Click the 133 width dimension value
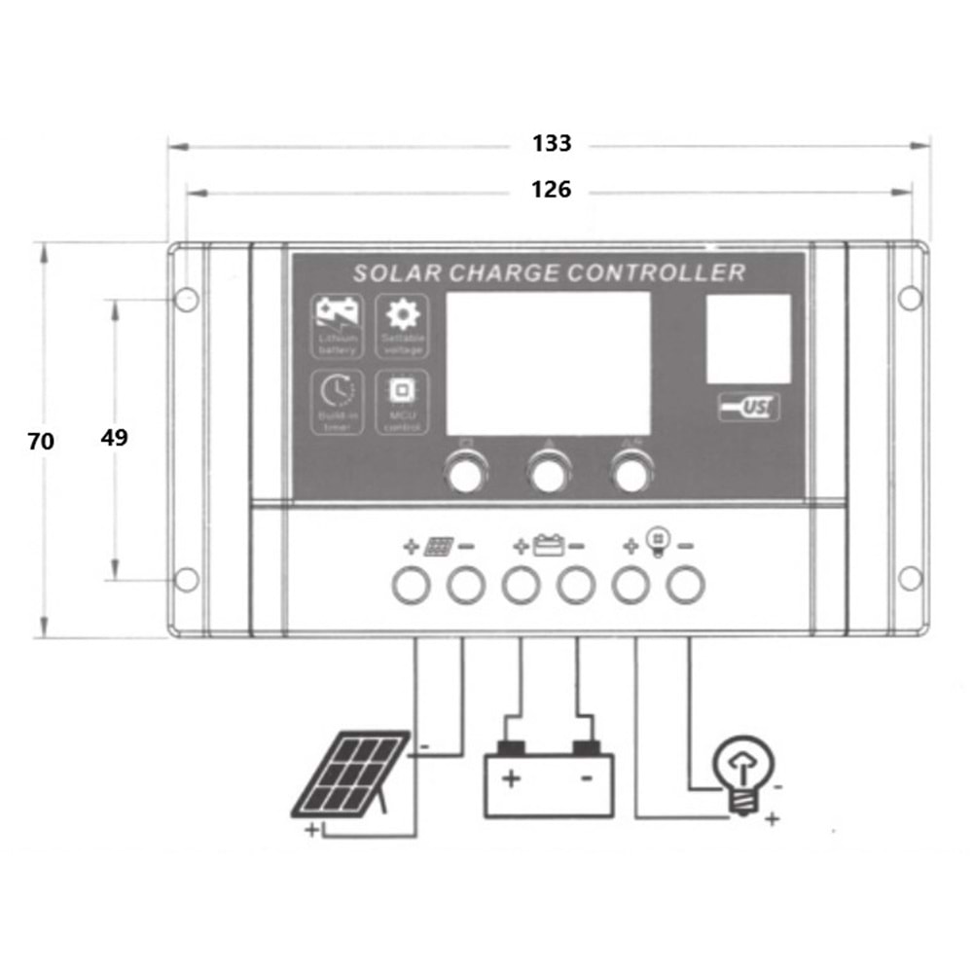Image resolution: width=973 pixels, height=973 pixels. (552, 144)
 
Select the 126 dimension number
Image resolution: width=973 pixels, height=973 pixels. (551, 190)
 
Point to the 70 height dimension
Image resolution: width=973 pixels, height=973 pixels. (41, 441)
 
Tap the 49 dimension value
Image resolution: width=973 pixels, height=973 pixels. (114, 438)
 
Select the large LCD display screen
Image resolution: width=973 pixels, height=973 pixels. (548, 363)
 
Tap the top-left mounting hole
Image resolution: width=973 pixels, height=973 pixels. (186, 299)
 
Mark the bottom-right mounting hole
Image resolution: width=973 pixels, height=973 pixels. (910, 578)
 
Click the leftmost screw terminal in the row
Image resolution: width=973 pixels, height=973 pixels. (411, 585)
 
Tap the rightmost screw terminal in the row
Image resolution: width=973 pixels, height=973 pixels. (686, 585)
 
